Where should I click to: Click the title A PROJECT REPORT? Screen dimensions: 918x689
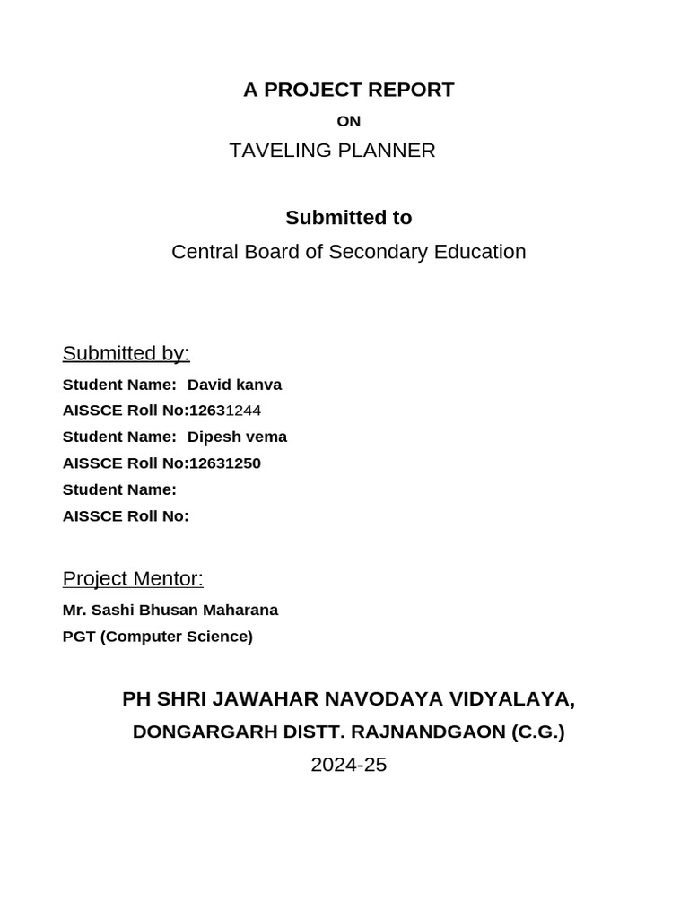coord(348,90)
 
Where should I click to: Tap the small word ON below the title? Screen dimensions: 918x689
coord(348,121)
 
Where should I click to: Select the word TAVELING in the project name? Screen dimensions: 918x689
coord(280,151)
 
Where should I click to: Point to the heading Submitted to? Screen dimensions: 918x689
coord(348,218)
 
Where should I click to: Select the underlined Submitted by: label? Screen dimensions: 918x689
coord(126,353)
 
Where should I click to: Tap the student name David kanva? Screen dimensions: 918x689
coord(234,385)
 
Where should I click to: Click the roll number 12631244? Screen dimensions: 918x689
coord(225,411)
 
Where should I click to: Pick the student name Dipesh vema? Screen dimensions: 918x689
coord(237,437)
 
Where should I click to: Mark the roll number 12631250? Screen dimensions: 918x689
coord(225,463)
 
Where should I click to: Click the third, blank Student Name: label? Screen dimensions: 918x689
coord(119,489)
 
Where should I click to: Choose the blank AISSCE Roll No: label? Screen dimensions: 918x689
coord(126,516)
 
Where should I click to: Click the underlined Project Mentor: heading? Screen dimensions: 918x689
coord(133,579)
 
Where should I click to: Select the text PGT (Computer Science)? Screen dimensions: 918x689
coord(158,637)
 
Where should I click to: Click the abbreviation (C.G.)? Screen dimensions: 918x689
coord(538,732)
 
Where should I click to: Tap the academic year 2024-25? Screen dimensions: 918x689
coord(348,765)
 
